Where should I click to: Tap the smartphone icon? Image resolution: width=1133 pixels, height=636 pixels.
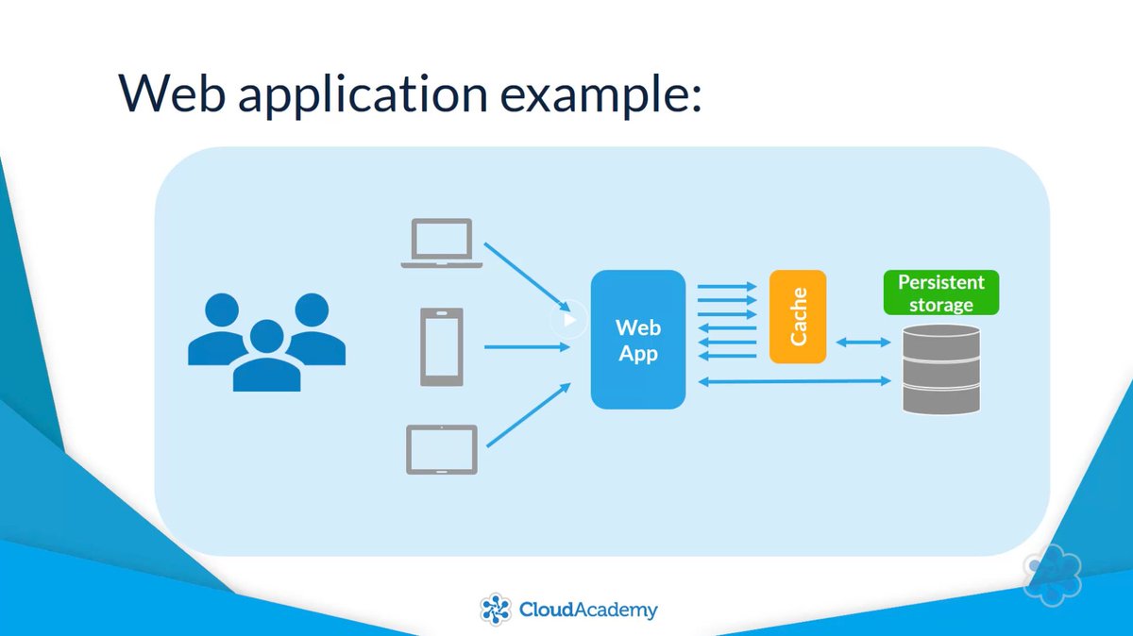click(442, 347)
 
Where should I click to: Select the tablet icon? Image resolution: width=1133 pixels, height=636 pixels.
click(442, 449)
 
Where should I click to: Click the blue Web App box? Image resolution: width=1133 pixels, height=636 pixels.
click(637, 340)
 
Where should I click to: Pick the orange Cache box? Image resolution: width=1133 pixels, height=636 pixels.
click(798, 317)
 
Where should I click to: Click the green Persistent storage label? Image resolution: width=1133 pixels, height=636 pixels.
click(940, 293)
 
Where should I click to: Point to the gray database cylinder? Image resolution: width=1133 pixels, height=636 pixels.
click(940, 369)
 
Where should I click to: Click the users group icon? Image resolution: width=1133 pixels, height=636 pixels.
click(266, 342)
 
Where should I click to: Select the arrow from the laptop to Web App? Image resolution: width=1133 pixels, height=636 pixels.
click(529, 278)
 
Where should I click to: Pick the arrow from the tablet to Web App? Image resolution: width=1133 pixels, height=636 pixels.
click(529, 415)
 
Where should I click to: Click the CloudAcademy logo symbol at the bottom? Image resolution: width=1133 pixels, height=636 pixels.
click(495, 609)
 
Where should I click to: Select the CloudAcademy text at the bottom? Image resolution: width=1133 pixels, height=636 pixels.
click(587, 610)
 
